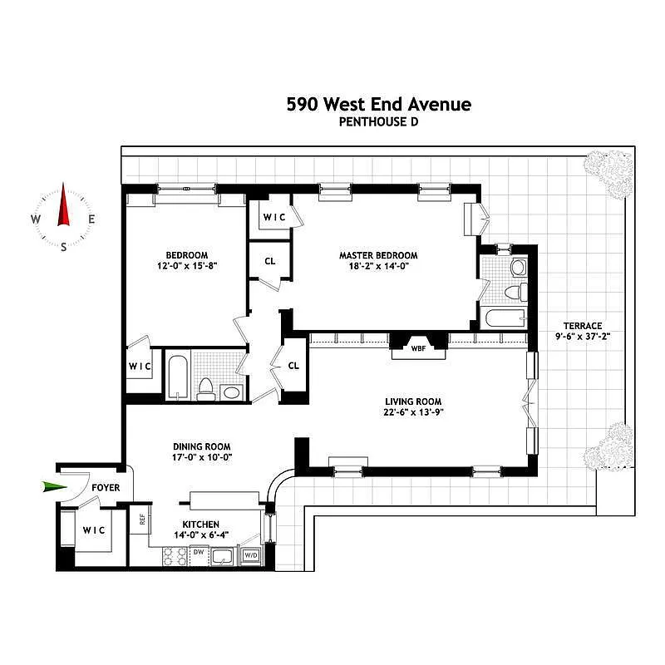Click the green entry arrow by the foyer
55,486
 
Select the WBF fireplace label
418,348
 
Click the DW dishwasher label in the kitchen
199,552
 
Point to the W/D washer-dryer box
251,555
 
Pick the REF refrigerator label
142,519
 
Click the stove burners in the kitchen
175,556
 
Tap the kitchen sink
222,556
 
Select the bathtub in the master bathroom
505,318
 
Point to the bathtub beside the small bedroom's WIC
178,377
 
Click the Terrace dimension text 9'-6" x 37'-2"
583,337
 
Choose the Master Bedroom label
378,255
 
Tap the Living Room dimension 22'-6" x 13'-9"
413,411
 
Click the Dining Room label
202,446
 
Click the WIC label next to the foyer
94,530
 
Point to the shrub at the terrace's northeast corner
608,174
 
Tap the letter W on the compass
36,219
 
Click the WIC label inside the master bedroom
274,217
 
